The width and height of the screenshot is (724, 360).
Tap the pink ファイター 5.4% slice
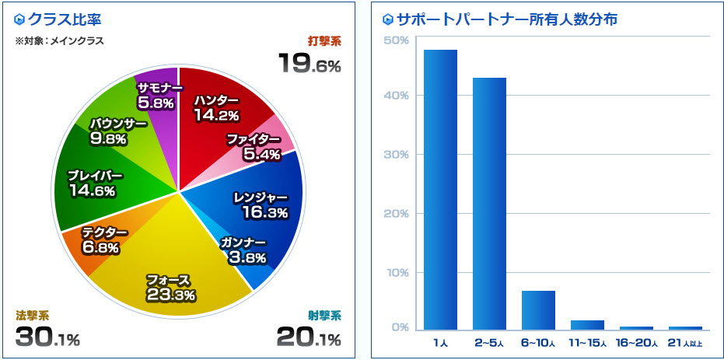tap(261, 148)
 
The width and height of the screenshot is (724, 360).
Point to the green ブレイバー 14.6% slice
tap(92, 183)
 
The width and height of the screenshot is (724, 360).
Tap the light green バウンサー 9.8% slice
tap(117, 128)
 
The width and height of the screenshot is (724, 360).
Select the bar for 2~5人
tap(489, 203)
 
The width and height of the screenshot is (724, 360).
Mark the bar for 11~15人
tap(587, 324)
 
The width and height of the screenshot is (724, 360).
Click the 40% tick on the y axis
tap(397, 96)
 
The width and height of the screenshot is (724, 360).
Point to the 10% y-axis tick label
tap(397, 273)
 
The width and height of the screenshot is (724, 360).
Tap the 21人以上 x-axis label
tap(685, 343)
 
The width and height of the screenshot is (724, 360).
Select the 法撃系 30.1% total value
tap(47, 338)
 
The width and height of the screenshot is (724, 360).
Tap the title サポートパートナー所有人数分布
tap(506, 19)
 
